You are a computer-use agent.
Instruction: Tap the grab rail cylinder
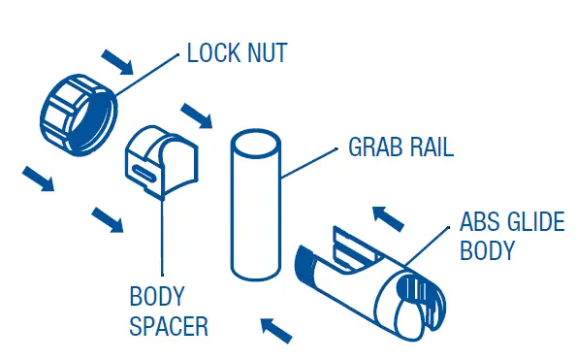(x=257, y=209)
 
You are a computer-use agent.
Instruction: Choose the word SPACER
(x=169, y=325)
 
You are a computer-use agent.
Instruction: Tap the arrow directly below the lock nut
(x=39, y=179)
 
